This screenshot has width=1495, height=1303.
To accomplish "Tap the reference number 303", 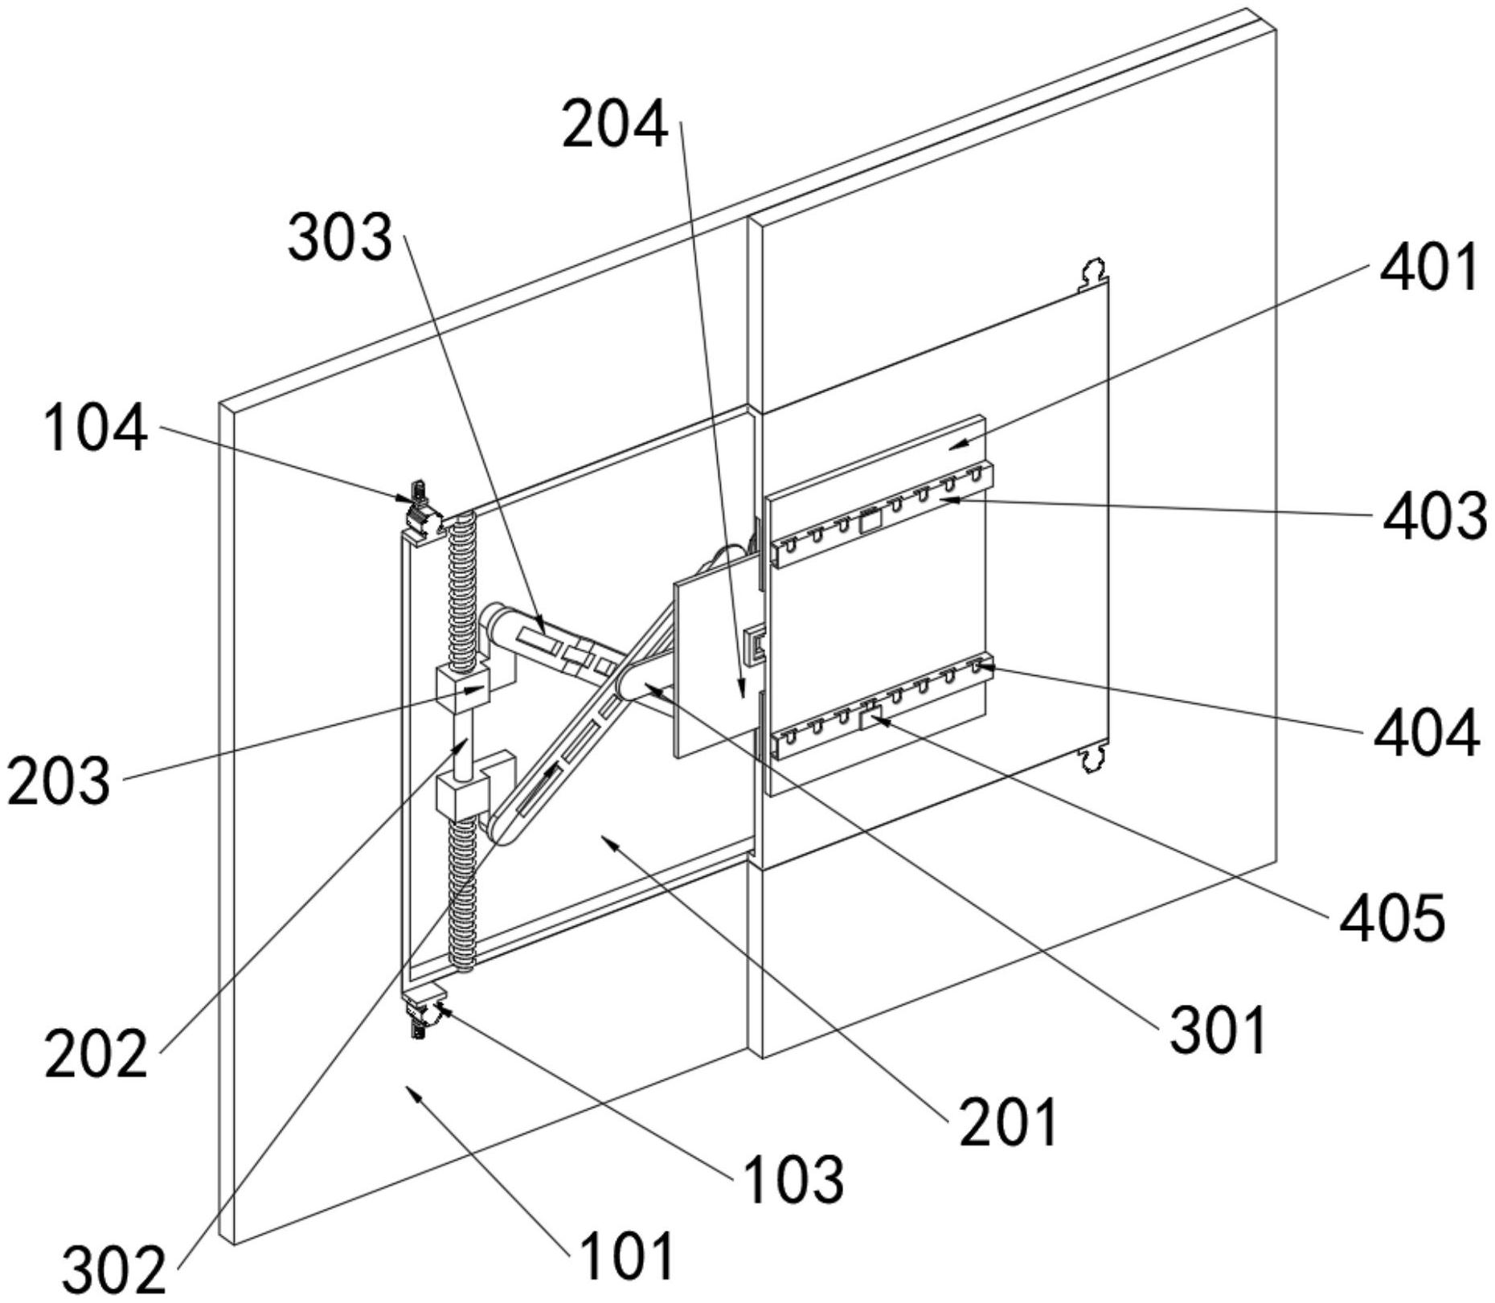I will tap(341, 239).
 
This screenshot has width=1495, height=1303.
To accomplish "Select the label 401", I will tap(1428, 268).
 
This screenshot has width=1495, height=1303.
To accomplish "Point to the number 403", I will tap(1434, 515).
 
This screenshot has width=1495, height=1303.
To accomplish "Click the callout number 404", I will tap(1426, 732).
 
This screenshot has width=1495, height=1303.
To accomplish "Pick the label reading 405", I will tap(1391, 917).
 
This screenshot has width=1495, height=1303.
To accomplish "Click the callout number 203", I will tap(59, 781).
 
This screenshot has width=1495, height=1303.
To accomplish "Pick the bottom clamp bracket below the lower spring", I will tap(423, 1010).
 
